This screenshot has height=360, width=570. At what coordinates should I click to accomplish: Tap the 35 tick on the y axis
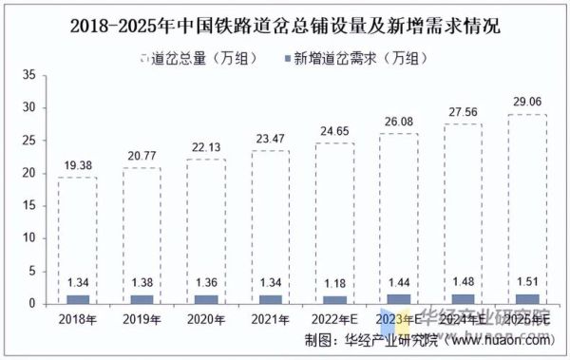click(x=30, y=74)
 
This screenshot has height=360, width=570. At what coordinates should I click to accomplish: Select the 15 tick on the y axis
click(x=30, y=206)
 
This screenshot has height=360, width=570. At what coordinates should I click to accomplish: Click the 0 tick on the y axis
click(x=33, y=305)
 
